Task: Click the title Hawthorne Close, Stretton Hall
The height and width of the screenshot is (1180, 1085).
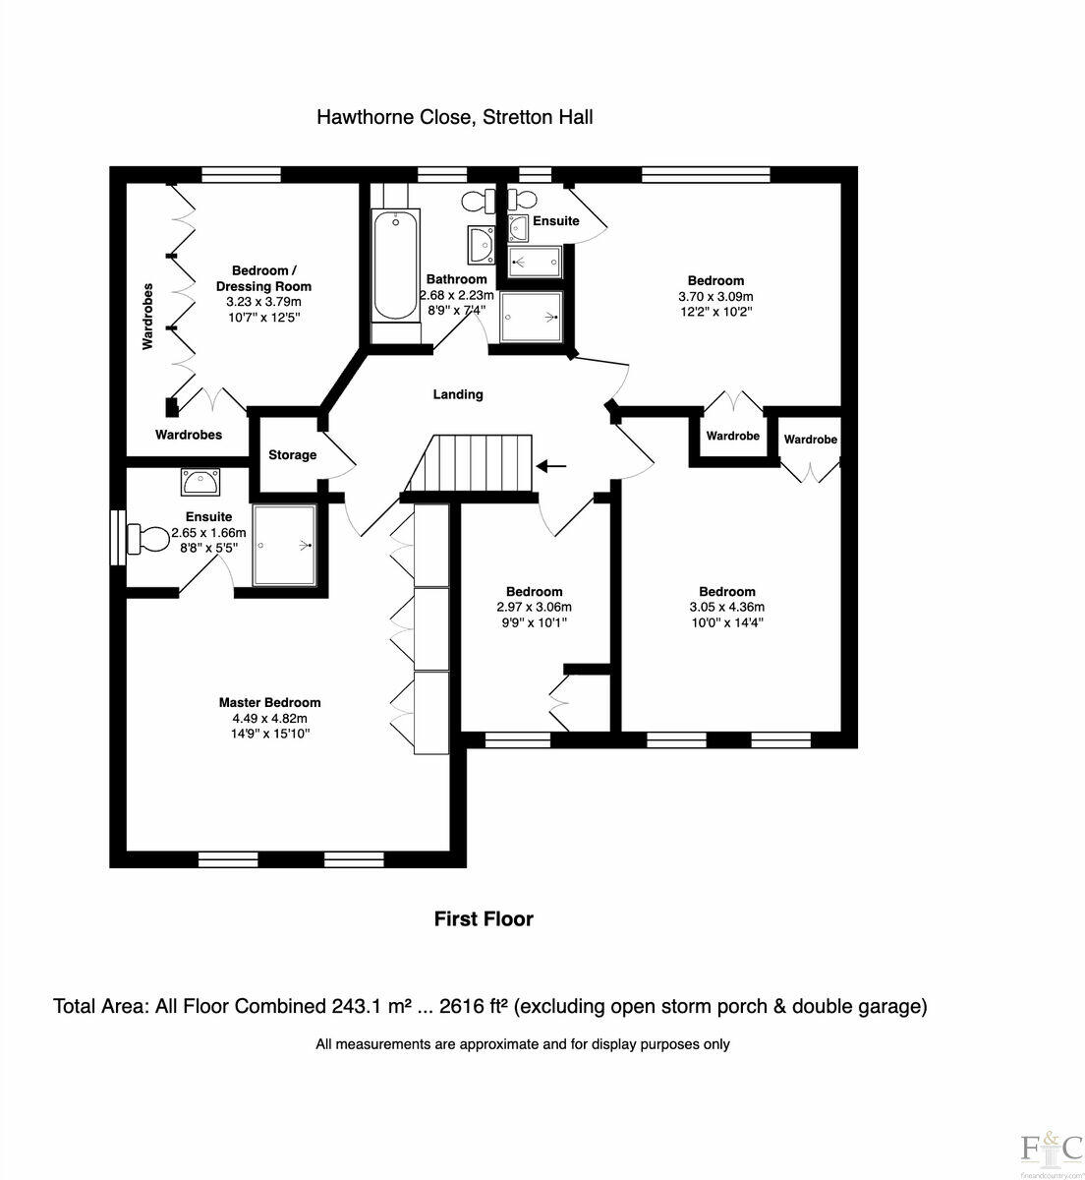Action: point(454,117)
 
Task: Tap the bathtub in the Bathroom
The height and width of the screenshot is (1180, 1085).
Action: point(395,265)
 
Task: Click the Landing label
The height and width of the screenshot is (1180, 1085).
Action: point(458,394)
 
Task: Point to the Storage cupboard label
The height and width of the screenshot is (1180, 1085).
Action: point(293,455)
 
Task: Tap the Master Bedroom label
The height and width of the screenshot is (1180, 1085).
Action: point(269,702)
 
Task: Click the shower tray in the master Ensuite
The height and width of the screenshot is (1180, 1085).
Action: point(285,546)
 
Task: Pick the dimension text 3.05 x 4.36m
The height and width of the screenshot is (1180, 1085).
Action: point(727,607)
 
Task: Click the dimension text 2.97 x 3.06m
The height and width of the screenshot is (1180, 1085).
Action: point(534,607)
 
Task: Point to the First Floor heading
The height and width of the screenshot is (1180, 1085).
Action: point(484,918)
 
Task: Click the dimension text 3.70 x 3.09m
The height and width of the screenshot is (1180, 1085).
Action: point(715,296)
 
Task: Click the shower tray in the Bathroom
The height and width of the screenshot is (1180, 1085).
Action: point(532,317)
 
